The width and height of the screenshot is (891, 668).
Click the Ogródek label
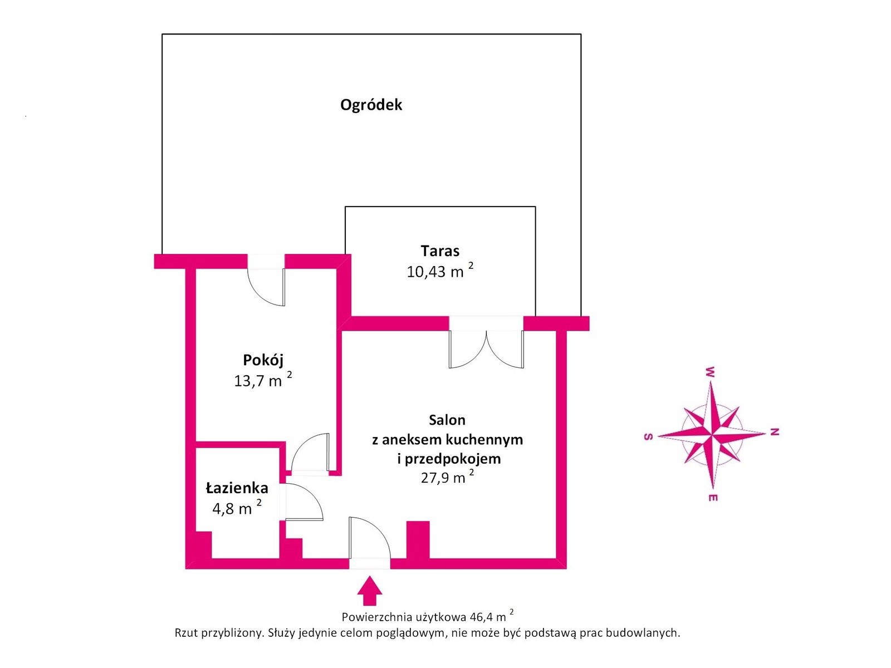pos(371,105)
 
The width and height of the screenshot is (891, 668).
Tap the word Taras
pos(439,251)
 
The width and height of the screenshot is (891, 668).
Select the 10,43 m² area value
pos(439,271)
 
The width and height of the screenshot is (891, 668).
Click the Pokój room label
pos(263,360)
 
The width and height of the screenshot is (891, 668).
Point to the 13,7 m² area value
pos(263,380)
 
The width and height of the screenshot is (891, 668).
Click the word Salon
pos(447,420)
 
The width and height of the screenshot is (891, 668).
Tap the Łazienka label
pos(237,488)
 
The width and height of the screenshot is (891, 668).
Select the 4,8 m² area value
pos(237,507)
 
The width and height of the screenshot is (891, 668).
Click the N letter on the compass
pos(775,432)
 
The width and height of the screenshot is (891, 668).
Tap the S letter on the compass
pos(649,437)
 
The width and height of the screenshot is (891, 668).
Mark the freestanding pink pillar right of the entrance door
pos(418,540)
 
